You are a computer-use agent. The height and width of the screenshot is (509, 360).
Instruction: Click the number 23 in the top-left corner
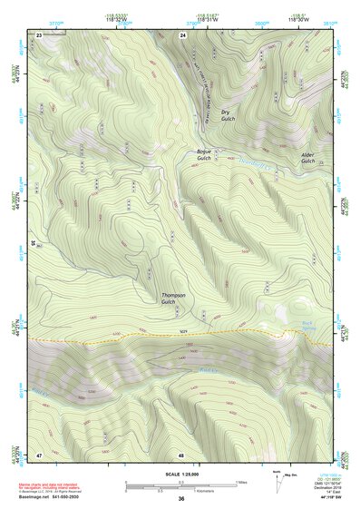39,34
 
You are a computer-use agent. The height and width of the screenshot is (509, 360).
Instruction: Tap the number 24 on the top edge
182,34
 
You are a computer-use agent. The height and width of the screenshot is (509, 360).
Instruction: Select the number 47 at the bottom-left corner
39,453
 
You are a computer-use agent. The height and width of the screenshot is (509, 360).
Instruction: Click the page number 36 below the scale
181,500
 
